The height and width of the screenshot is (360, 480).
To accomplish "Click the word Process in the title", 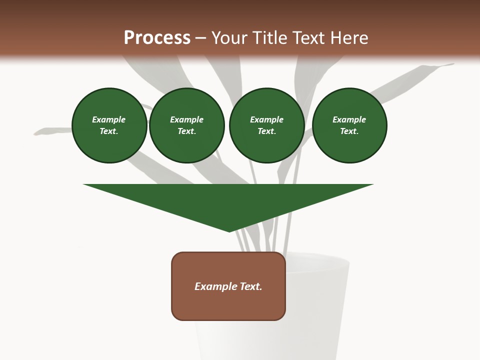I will pos(157,38).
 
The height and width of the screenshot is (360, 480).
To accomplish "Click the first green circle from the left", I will pos(109,125).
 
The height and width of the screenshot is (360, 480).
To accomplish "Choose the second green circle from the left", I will pos(186,125).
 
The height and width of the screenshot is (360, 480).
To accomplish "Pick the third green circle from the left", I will pos(266,125).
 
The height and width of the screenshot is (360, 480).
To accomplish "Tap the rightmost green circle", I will pos(349,125).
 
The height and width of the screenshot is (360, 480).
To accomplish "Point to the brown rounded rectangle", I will pos(228,305).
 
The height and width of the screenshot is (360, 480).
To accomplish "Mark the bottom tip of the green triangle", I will pos(229,231).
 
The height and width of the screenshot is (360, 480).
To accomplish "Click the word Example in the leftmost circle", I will pos(109,119).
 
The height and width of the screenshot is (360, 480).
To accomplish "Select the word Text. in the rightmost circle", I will pos(349,131).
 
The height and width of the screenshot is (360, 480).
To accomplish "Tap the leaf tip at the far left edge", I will pos(36,133).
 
